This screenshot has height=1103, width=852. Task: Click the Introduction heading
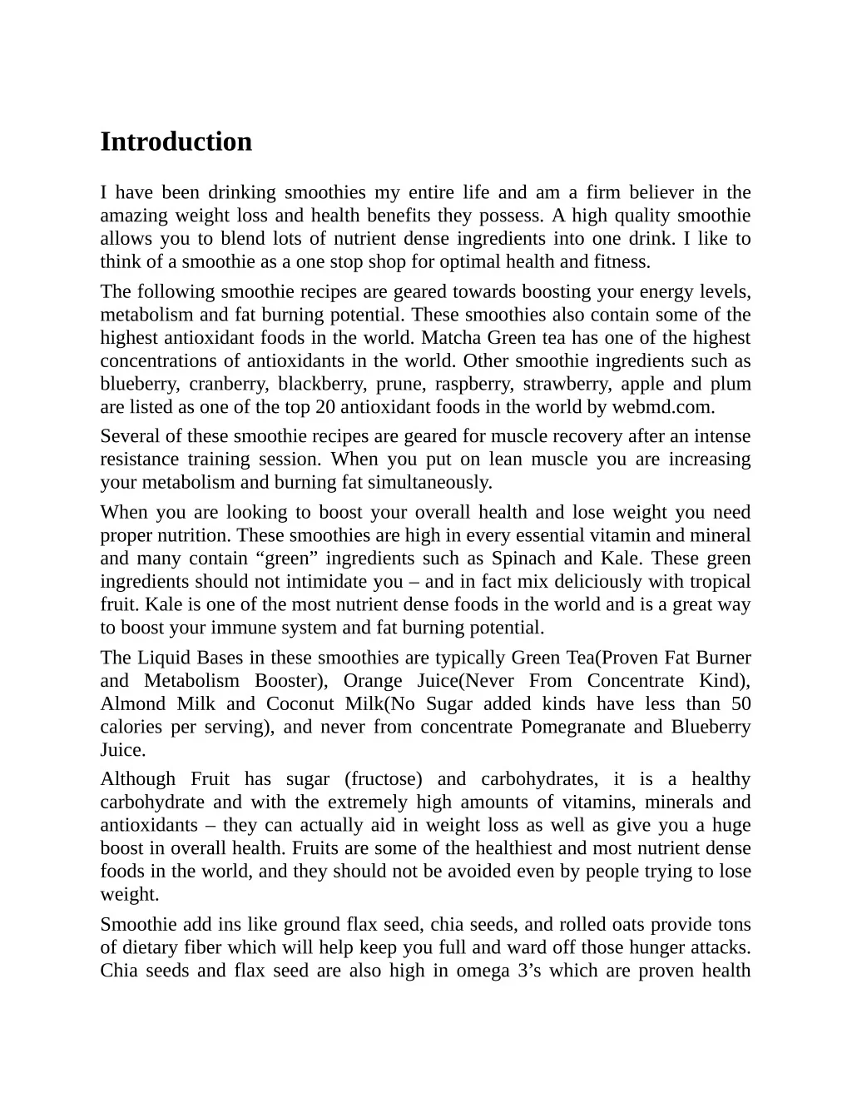176,142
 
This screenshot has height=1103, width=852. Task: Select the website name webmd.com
662,407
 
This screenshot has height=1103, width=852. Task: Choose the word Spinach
523,559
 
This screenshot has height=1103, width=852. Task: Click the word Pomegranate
573,727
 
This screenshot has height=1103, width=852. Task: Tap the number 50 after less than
741,704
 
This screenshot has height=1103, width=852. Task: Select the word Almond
131,704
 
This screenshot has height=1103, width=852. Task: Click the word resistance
139,460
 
